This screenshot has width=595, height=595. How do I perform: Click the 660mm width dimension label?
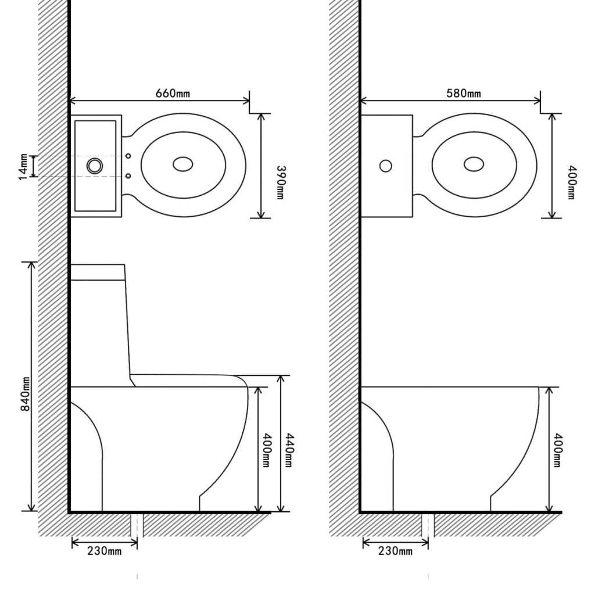[173, 93]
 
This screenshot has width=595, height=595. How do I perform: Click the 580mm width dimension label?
[464, 93]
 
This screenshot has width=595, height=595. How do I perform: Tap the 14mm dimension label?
[23, 166]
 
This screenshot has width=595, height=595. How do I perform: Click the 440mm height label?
[288, 450]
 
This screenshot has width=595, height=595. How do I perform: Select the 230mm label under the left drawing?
[105, 551]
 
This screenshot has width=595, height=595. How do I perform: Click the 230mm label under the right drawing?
[396, 551]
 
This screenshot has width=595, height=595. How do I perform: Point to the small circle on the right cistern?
[385, 166]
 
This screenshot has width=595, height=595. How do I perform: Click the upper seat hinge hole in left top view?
[128, 156]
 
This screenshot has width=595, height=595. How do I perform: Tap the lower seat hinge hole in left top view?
[128, 175]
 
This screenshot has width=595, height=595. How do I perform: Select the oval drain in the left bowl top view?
[183, 164]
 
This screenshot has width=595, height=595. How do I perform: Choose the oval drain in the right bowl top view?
[474, 164]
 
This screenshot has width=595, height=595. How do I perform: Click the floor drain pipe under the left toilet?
[137, 525]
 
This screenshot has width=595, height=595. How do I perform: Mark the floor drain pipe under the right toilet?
[428, 525]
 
